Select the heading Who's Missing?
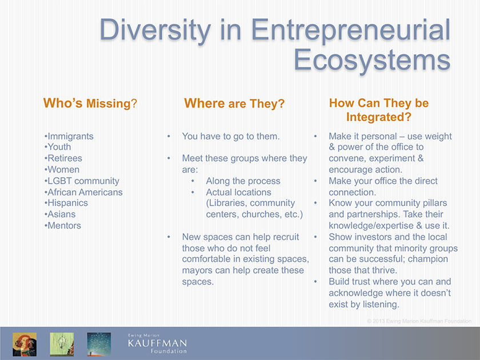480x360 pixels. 90,103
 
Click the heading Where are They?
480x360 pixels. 234,103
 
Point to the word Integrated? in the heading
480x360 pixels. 379,117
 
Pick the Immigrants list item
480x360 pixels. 69,136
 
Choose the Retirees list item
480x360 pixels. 63,158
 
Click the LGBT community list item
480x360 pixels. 82,181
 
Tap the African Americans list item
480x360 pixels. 83,192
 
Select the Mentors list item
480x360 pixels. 63,226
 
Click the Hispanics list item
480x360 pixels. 66,203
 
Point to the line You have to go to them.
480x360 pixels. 231,136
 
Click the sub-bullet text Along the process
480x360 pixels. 243,181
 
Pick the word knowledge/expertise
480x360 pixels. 371,226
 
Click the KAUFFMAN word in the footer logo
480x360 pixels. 157,343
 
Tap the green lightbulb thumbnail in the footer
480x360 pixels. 62,345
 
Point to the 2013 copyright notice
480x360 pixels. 419,321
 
